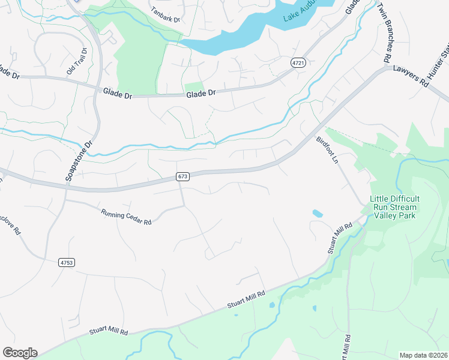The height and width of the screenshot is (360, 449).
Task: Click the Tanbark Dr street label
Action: tap(166, 14)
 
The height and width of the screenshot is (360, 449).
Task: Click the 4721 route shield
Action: tap(297, 62)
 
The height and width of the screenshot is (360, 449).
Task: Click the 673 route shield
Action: tap(183, 176)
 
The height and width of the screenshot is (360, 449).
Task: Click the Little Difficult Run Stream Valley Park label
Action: tap(394, 207)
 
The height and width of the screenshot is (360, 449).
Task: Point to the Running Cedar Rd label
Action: tap(126, 217)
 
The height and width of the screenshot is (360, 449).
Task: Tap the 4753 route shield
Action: tap(67, 262)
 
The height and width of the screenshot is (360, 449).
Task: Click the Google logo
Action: tap(20, 353)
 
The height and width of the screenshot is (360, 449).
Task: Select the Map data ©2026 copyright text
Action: tap(423, 355)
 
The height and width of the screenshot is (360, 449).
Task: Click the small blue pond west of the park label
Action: tap(317, 213)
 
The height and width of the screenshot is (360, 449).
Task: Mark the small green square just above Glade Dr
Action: tap(194, 88)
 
